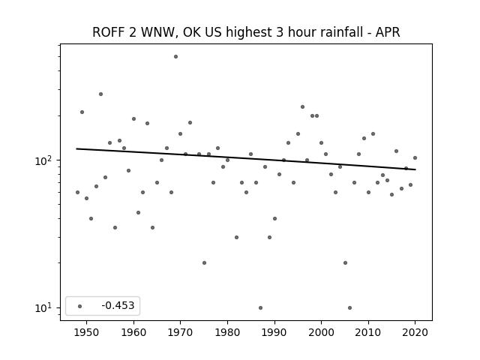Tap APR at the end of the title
click(x=388, y=32)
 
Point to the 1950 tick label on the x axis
click(x=87, y=332)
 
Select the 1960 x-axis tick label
click(x=133, y=332)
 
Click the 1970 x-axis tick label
click(x=181, y=332)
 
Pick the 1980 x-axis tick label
click(x=227, y=332)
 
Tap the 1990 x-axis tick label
click(x=274, y=332)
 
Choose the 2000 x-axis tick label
click(x=322, y=332)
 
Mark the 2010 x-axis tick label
click(x=368, y=332)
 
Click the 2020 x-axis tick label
click(x=415, y=332)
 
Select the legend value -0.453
click(x=118, y=305)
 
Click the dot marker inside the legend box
click(x=80, y=306)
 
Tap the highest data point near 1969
click(x=175, y=57)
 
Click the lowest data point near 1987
click(x=260, y=308)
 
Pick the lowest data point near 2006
click(x=350, y=308)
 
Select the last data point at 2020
click(x=415, y=158)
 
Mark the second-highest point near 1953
click(x=100, y=94)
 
